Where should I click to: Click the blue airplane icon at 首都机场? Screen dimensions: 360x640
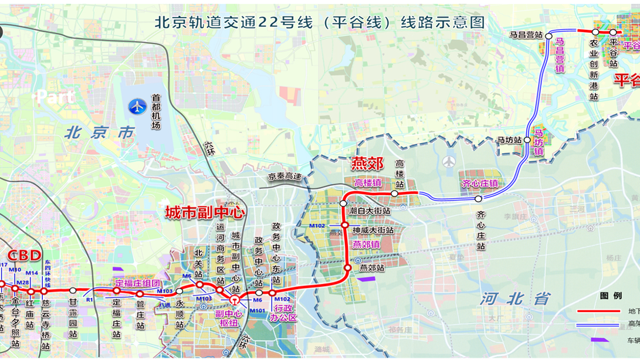coord(137,107)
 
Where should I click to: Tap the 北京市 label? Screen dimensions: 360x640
coord(100,133)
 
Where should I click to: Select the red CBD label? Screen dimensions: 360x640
coord(24,255)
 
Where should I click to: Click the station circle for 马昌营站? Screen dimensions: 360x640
coord(548,36)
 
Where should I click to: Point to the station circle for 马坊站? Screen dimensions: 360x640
coord(527,140)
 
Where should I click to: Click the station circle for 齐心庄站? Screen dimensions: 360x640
coord(479,199)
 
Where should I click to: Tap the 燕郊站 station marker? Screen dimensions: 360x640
coord(347,268)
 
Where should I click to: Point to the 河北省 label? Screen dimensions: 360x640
coord(508,298)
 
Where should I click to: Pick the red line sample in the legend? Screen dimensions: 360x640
coord(599,311)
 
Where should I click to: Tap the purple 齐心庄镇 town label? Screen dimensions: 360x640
coord(479,184)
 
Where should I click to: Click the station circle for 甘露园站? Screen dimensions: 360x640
coord(72,291)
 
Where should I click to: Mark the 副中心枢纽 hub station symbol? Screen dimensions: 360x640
coord(235,300)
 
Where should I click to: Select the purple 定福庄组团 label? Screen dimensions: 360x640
coord(137,283)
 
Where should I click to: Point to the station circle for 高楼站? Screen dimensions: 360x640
coord(395,193)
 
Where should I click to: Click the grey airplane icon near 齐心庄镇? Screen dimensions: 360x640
coord(450,162)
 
